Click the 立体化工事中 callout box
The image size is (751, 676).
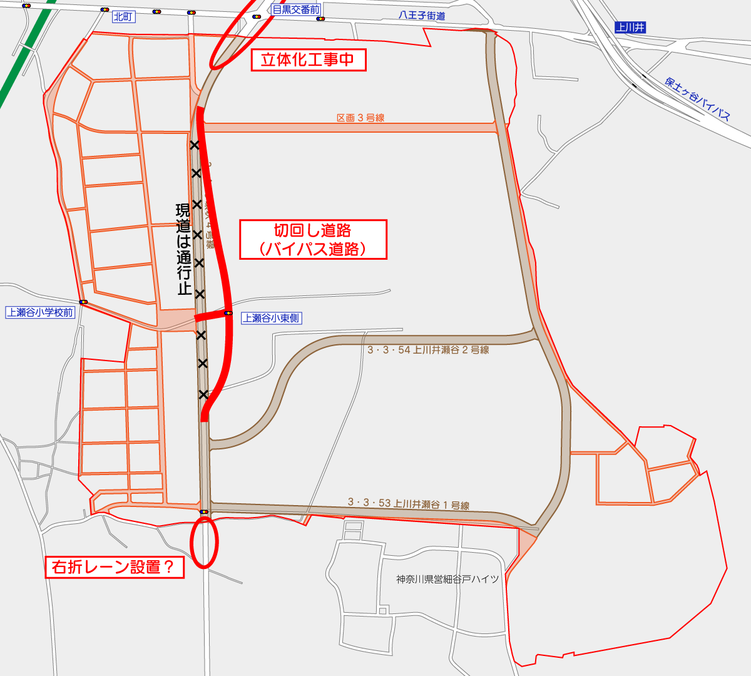pyautogui.click(x=308, y=60)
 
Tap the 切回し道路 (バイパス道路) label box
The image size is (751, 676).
pyautogui.click(x=313, y=239)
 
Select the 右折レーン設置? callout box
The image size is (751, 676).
pyautogui.click(x=115, y=567)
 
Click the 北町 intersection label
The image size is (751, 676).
pyautogui.click(x=123, y=17)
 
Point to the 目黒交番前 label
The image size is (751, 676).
pyautogui.click(x=296, y=10)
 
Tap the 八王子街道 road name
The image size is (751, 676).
pyautogui.click(x=422, y=16)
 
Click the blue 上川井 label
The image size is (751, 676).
pyautogui.click(x=630, y=28)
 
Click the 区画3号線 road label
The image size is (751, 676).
pyautogui.click(x=360, y=118)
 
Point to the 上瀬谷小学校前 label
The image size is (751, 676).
pyautogui.click(x=40, y=312)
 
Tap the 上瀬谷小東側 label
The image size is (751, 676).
pyautogui.click(x=272, y=318)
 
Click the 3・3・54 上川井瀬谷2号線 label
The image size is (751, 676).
pyautogui.click(x=428, y=350)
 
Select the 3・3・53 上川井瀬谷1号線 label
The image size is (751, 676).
pyautogui.click(x=408, y=503)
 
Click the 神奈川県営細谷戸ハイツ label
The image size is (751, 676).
pyautogui.click(x=447, y=580)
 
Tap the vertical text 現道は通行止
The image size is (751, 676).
pyautogui.click(x=183, y=248)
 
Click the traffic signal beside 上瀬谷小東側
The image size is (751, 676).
pyautogui.click(x=228, y=313)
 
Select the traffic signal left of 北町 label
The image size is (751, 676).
pyautogui.click(x=104, y=10)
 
